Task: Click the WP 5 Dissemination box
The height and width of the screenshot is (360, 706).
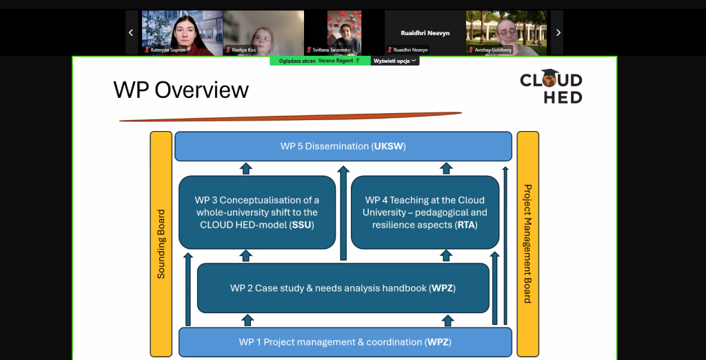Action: (x=343, y=146)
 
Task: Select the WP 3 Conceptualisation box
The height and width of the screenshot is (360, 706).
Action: (x=257, y=212)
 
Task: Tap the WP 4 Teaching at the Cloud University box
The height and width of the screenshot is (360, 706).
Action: (x=425, y=212)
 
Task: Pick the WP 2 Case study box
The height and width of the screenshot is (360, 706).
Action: (x=343, y=288)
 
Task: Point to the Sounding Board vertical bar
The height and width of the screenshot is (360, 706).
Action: (x=161, y=243)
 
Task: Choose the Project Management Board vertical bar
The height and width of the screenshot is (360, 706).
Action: (x=527, y=243)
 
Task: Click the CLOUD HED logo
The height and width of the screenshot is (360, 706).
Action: (x=551, y=87)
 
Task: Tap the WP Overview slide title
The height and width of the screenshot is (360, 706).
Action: (x=181, y=90)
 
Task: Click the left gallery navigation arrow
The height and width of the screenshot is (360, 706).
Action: (x=131, y=32)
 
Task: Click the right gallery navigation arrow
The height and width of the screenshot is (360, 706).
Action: (x=558, y=32)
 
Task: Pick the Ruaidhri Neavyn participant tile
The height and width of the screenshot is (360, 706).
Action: (x=425, y=32)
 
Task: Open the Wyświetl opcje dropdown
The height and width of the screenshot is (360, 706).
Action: (x=395, y=61)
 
